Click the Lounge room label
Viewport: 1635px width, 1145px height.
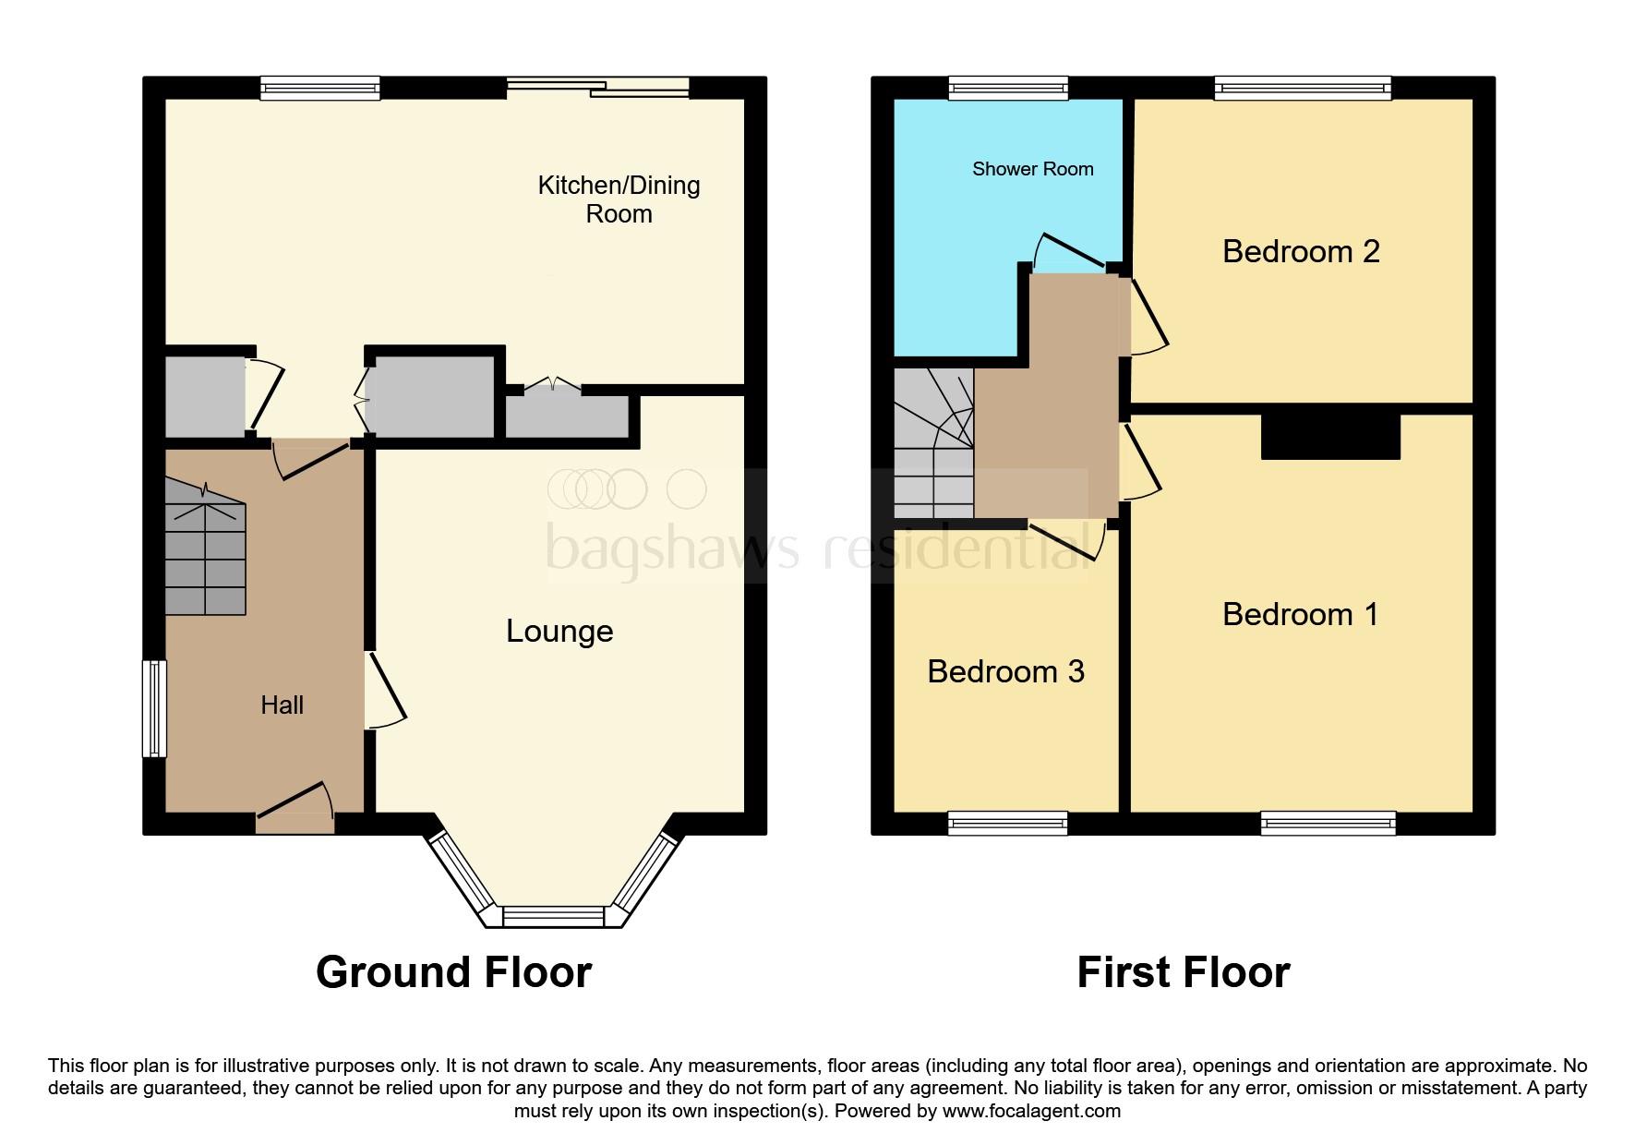pos(559,632)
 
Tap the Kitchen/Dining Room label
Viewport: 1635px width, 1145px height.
pos(619,199)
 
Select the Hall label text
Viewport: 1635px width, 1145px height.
pos(282,705)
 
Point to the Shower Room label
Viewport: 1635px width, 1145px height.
pos(1032,169)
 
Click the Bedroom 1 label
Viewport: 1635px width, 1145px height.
pos(1300,614)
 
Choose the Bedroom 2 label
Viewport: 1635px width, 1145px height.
pos(1300,251)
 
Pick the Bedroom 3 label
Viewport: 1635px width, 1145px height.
pos(1005,671)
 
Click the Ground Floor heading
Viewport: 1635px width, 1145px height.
pos(453,972)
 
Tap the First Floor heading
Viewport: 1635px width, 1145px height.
pos(1183,972)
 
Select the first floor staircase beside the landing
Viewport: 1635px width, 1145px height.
pos(933,443)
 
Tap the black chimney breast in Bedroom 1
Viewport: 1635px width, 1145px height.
pos(1330,437)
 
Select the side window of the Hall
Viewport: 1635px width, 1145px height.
pos(155,708)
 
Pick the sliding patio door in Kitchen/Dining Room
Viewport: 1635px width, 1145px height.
pos(598,88)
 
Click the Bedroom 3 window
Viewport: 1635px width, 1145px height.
pos(1007,823)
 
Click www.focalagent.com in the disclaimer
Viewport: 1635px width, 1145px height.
pos(1031,1111)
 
